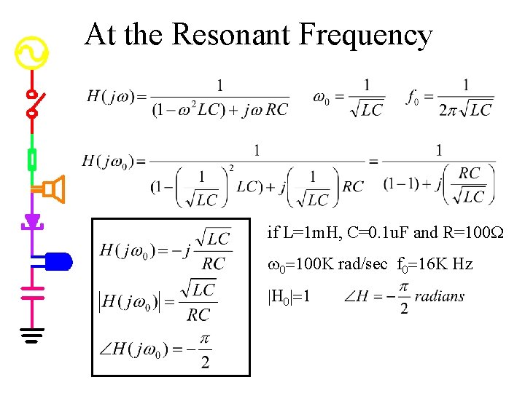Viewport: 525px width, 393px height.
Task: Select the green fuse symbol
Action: pyautogui.click(x=32, y=159)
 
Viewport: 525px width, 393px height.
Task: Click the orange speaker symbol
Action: pyautogui.click(x=52, y=190)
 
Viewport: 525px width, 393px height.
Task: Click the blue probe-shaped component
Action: pyautogui.click(x=58, y=260)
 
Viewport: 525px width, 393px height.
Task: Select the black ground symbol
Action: pyautogui.click(x=32, y=336)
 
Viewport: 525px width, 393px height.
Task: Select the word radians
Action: pyautogui.click(x=440, y=296)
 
